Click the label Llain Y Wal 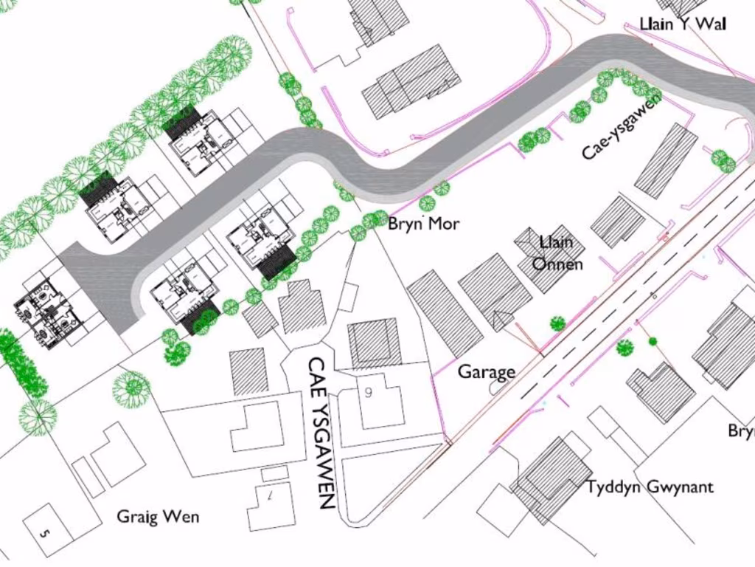pyautogui.click(x=682, y=24)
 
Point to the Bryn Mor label pyautogui.click(x=424, y=224)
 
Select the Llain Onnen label pyautogui.click(x=557, y=252)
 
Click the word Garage pyautogui.click(x=487, y=372)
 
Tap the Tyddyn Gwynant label pyautogui.click(x=650, y=487)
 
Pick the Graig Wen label pyautogui.click(x=158, y=517)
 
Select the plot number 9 pyautogui.click(x=369, y=393)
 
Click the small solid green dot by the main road pyautogui.click(x=653, y=341)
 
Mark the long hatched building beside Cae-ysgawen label pyautogui.click(x=666, y=161)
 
